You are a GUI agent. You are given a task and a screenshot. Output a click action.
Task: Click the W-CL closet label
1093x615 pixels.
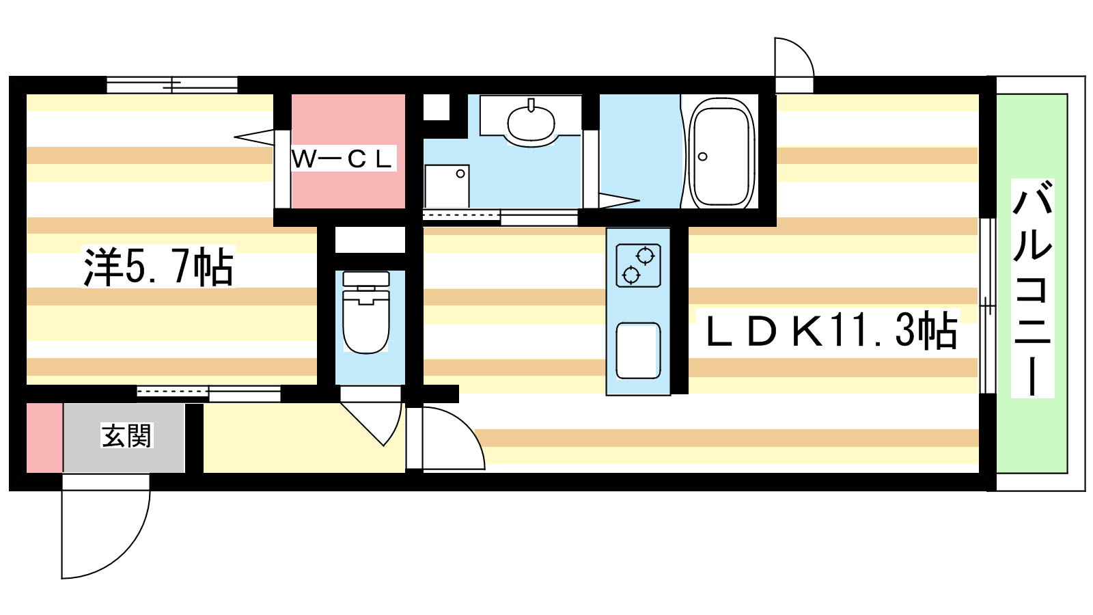344,159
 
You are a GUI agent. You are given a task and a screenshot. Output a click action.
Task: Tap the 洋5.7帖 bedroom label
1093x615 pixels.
158,267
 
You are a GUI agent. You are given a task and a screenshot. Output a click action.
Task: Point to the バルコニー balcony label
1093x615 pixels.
1032,288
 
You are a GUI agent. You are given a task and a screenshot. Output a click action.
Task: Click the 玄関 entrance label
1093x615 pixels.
127,435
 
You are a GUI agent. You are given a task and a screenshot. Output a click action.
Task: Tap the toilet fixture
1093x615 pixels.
366,312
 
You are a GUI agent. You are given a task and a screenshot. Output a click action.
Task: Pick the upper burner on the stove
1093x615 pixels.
645,256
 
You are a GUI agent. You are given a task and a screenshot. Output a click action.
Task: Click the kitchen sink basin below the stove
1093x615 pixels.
638,351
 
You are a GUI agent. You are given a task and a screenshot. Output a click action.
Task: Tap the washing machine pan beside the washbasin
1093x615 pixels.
447,187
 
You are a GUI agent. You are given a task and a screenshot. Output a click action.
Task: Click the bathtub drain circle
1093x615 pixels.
703,156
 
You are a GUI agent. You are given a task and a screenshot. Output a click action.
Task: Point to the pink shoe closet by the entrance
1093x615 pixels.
44,438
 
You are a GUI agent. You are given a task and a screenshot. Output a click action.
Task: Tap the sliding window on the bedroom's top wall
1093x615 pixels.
172,85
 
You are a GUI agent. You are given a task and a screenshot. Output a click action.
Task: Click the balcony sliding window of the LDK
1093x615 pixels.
988,306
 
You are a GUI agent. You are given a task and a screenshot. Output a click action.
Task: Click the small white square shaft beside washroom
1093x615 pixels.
437,107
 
